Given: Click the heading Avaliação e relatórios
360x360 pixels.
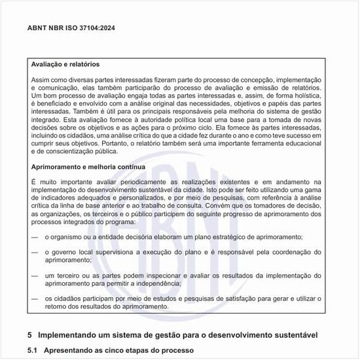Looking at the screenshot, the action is (x=65, y=65).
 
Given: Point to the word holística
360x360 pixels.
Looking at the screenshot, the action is (x=303, y=95).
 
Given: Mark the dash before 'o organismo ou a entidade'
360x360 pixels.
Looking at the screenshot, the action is (x=35, y=236).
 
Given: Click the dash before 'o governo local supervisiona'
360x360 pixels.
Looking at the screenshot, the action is (x=35, y=252).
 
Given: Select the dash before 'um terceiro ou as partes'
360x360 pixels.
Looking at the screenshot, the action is (x=35, y=276).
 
